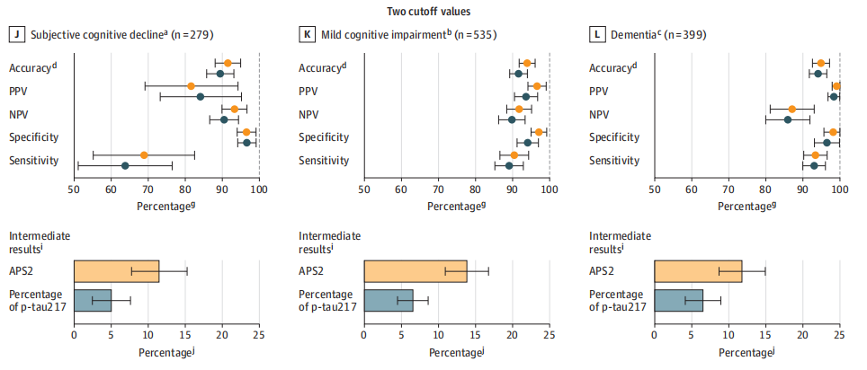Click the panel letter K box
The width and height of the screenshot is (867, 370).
(x=308, y=35)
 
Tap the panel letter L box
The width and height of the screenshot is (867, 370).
(x=598, y=35)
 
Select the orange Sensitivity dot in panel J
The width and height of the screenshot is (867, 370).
(x=144, y=154)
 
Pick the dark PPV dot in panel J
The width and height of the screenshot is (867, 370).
(x=201, y=96)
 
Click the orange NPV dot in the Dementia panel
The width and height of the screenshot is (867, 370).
(x=792, y=109)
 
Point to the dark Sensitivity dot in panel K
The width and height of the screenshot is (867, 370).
(x=509, y=165)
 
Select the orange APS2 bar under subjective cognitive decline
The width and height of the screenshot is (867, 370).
(x=116, y=270)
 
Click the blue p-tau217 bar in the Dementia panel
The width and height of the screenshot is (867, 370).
(x=678, y=299)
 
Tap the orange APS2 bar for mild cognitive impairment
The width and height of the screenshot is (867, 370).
(x=415, y=270)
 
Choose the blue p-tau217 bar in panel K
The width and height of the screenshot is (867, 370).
(x=388, y=299)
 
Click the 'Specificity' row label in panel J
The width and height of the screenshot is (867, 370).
(x=34, y=137)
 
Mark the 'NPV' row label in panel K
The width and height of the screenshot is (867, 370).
(x=310, y=114)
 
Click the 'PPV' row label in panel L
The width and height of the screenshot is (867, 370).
(x=601, y=91)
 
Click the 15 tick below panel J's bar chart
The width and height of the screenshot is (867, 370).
(x=184, y=335)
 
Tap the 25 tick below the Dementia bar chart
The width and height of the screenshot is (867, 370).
(x=839, y=335)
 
